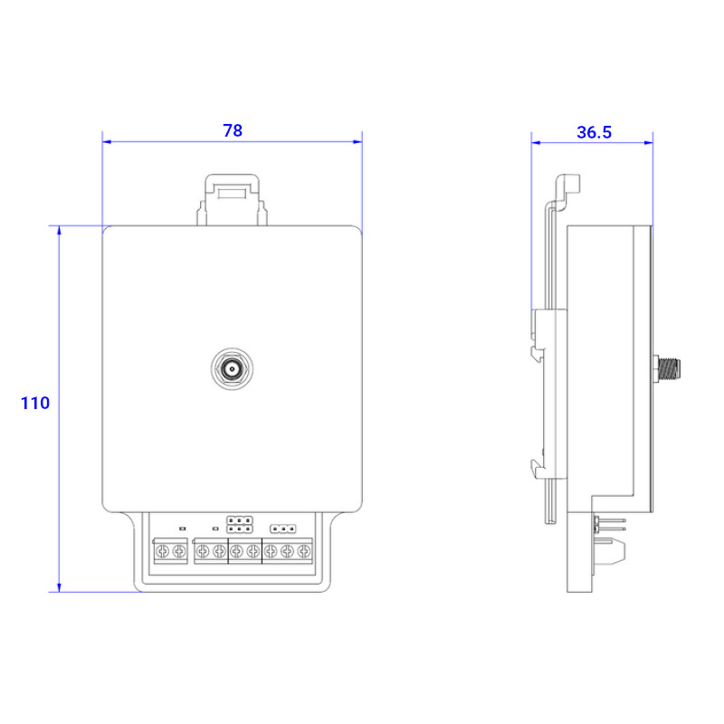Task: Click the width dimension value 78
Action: (x=233, y=130)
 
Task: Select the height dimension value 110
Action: (x=35, y=403)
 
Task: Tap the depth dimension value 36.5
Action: (x=594, y=132)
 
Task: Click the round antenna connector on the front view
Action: (x=232, y=369)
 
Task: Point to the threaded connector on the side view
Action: (x=667, y=369)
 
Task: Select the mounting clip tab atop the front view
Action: (x=233, y=199)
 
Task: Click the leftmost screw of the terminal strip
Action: (x=162, y=551)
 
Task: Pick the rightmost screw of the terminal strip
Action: (x=303, y=551)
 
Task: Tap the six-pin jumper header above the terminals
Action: (x=240, y=525)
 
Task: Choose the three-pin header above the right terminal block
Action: (x=282, y=529)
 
